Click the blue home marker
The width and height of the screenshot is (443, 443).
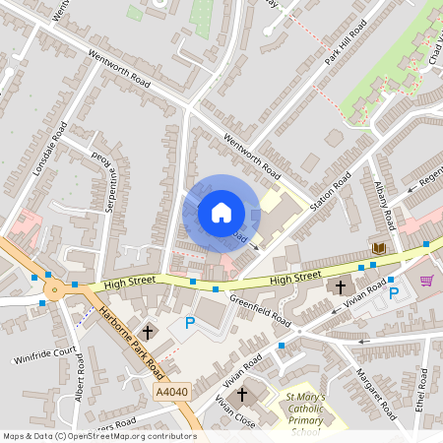[x=221, y=212]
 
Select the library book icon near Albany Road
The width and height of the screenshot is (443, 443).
[x=377, y=248]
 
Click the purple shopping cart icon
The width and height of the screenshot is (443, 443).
[x=427, y=280]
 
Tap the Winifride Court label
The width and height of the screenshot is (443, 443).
[x=44, y=352]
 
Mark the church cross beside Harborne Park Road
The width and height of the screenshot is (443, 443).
[x=150, y=332]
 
